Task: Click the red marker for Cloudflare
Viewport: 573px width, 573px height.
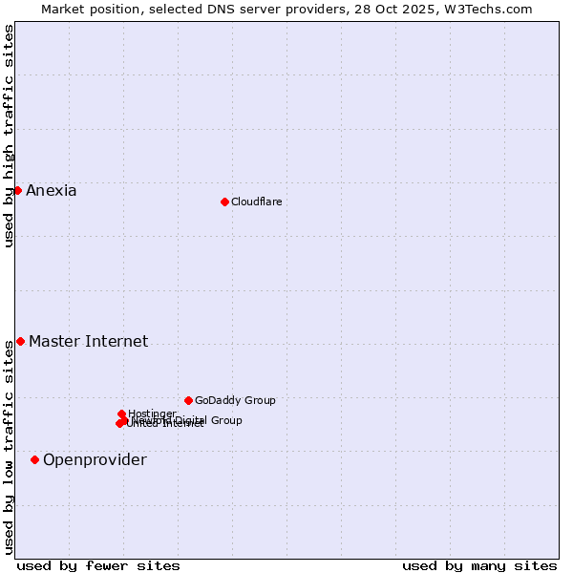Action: [224, 202]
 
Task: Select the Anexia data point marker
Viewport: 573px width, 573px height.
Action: [17, 190]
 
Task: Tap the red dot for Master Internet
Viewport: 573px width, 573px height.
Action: [20, 341]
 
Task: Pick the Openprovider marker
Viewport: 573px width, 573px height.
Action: [34, 459]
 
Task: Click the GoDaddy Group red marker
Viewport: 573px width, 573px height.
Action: [188, 400]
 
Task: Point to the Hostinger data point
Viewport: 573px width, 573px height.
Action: [122, 414]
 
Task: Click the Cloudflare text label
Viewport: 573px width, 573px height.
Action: [256, 202]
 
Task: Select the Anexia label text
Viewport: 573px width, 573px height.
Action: [51, 190]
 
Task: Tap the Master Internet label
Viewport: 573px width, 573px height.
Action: [88, 341]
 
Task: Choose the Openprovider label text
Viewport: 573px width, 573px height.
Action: [95, 459]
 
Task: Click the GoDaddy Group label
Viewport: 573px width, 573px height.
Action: [235, 400]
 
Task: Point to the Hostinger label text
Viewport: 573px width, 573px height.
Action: [152, 414]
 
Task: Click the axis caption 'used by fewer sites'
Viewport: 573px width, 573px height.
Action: [98, 565]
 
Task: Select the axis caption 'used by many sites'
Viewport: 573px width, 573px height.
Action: [479, 565]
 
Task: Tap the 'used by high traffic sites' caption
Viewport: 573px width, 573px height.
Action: [9, 136]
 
